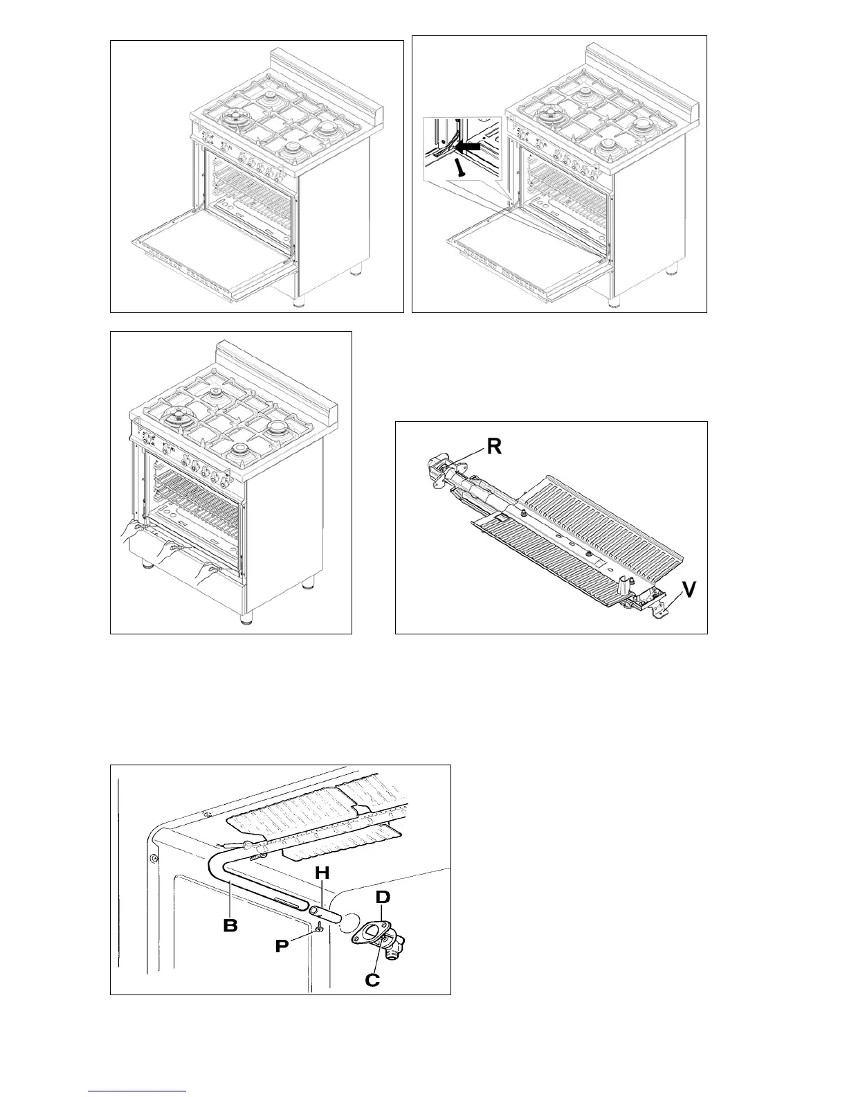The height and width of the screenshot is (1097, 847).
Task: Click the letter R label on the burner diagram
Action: tap(493, 446)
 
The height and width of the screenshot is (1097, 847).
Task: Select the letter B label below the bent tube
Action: tap(230, 925)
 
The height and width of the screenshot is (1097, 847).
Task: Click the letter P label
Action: tap(281, 946)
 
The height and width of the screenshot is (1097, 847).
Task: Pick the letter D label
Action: tap(383, 898)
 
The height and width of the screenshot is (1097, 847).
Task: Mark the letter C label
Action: tap(372, 979)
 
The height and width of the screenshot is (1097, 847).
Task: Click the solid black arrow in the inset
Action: tap(472, 148)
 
